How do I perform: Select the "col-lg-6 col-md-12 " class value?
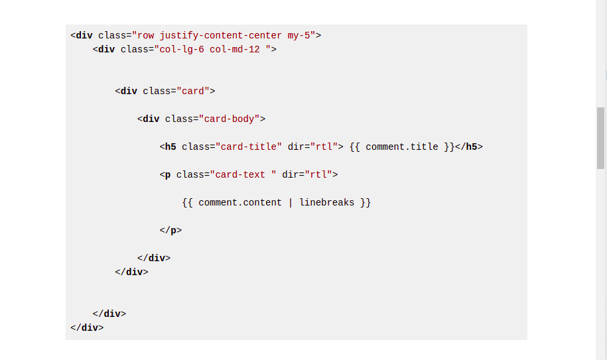tap(215, 49)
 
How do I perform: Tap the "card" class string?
tap(192, 91)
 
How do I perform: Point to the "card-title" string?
tap(249, 147)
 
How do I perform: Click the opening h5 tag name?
tap(170, 147)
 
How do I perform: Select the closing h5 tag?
tap(469, 147)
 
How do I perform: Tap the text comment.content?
tap(240, 202)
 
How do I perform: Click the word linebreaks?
tap(327, 202)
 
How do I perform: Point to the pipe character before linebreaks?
tap(291, 202)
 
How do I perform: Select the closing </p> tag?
tap(170, 230)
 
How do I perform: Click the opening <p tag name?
tap(168, 174)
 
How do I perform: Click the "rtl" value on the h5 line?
tap(324, 147)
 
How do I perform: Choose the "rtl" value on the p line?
tap(318, 174)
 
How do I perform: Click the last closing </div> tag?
tap(87, 328)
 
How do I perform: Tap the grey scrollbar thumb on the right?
tap(601, 138)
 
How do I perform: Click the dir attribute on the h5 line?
tap(296, 147)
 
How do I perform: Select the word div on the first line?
tap(84, 35)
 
